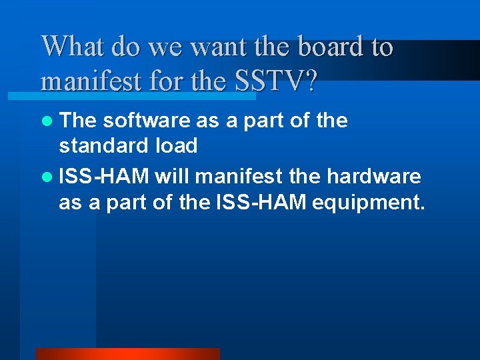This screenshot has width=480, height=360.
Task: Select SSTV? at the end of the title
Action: [x=276, y=81]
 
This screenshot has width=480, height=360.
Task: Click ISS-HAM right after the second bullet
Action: [x=103, y=176]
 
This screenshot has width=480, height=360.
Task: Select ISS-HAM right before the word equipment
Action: [x=261, y=201]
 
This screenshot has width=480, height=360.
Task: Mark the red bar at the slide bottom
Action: [x=127, y=354]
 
